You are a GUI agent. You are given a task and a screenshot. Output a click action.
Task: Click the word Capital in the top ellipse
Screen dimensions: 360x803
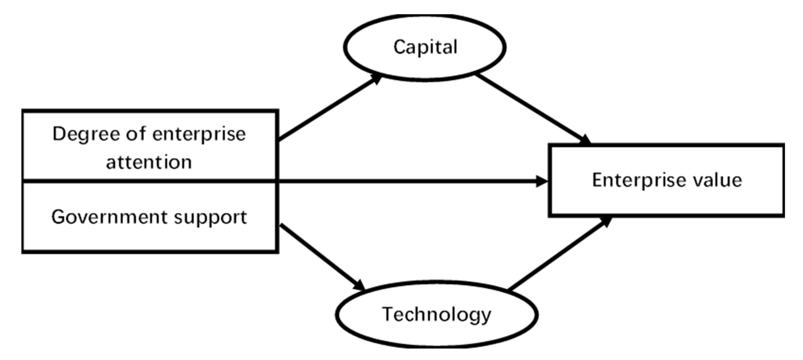click(x=425, y=47)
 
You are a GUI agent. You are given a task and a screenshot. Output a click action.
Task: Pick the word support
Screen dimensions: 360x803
click(x=210, y=218)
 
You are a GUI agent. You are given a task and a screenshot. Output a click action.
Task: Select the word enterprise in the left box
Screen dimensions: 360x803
click(x=199, y=134)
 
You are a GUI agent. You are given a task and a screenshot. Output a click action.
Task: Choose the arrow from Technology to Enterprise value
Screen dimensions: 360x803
click(x=558, y=254)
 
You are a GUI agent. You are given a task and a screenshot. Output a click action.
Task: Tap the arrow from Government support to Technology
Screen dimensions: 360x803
click(x=321, y=255)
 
